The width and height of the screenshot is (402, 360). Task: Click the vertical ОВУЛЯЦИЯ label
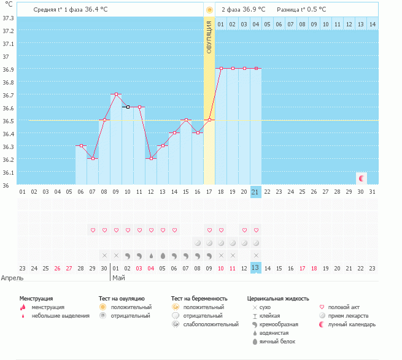(x=209, y=38)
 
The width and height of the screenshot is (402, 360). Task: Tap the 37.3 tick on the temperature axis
(x=9, y=18)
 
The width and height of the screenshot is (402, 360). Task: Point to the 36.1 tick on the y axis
(x=9, y=172)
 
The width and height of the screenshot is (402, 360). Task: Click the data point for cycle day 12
(x=151, y=158)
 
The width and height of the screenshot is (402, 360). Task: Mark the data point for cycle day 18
(x=221, y=69)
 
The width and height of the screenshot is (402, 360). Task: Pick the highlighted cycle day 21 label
(x=256, y=192)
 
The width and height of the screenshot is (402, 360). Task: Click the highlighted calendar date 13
(x=256, y=268)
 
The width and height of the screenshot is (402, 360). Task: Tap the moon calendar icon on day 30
(x=361, y=178)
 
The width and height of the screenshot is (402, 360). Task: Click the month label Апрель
(x=12, y=278)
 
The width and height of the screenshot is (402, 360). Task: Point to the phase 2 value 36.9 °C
(x=253, y=10)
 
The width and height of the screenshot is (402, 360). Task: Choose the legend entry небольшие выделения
(x=60, y=316)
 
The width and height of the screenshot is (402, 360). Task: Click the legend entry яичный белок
(x=278, y=342)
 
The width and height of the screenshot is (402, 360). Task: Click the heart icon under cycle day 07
(x=93, y=231)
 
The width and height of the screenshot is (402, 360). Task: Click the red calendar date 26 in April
(x=57, y=268)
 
